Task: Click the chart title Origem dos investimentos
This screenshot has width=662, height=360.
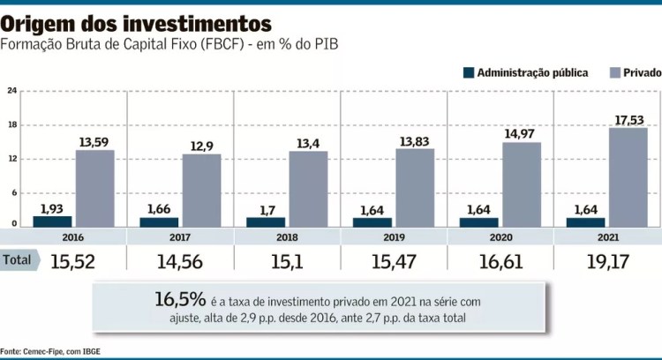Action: tap(137, 21)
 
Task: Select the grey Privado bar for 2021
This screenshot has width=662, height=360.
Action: tap(628, 177)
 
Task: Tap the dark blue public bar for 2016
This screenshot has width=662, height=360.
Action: tap(52, 221)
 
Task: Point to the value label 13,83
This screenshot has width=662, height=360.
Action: tap(414, 140)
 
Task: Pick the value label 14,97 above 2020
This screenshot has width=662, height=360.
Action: tap(522, 133)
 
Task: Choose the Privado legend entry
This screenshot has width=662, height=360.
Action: tap(636, 72)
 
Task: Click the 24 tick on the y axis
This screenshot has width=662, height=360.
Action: tap(11, 91)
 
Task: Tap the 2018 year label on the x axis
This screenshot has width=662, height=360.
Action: tap(286, 237)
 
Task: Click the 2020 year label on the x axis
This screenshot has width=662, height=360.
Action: tap(500, 237)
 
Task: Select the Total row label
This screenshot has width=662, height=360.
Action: tap(17, 259)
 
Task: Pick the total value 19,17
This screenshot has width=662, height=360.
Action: tap(607, 260)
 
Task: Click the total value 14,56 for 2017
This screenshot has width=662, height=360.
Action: tap(180, 260)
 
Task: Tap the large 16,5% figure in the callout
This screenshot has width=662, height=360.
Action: tap(182, 299)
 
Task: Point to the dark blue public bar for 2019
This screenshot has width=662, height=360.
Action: tap(372, 222)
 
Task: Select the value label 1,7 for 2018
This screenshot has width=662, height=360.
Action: tap(266, 209)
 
